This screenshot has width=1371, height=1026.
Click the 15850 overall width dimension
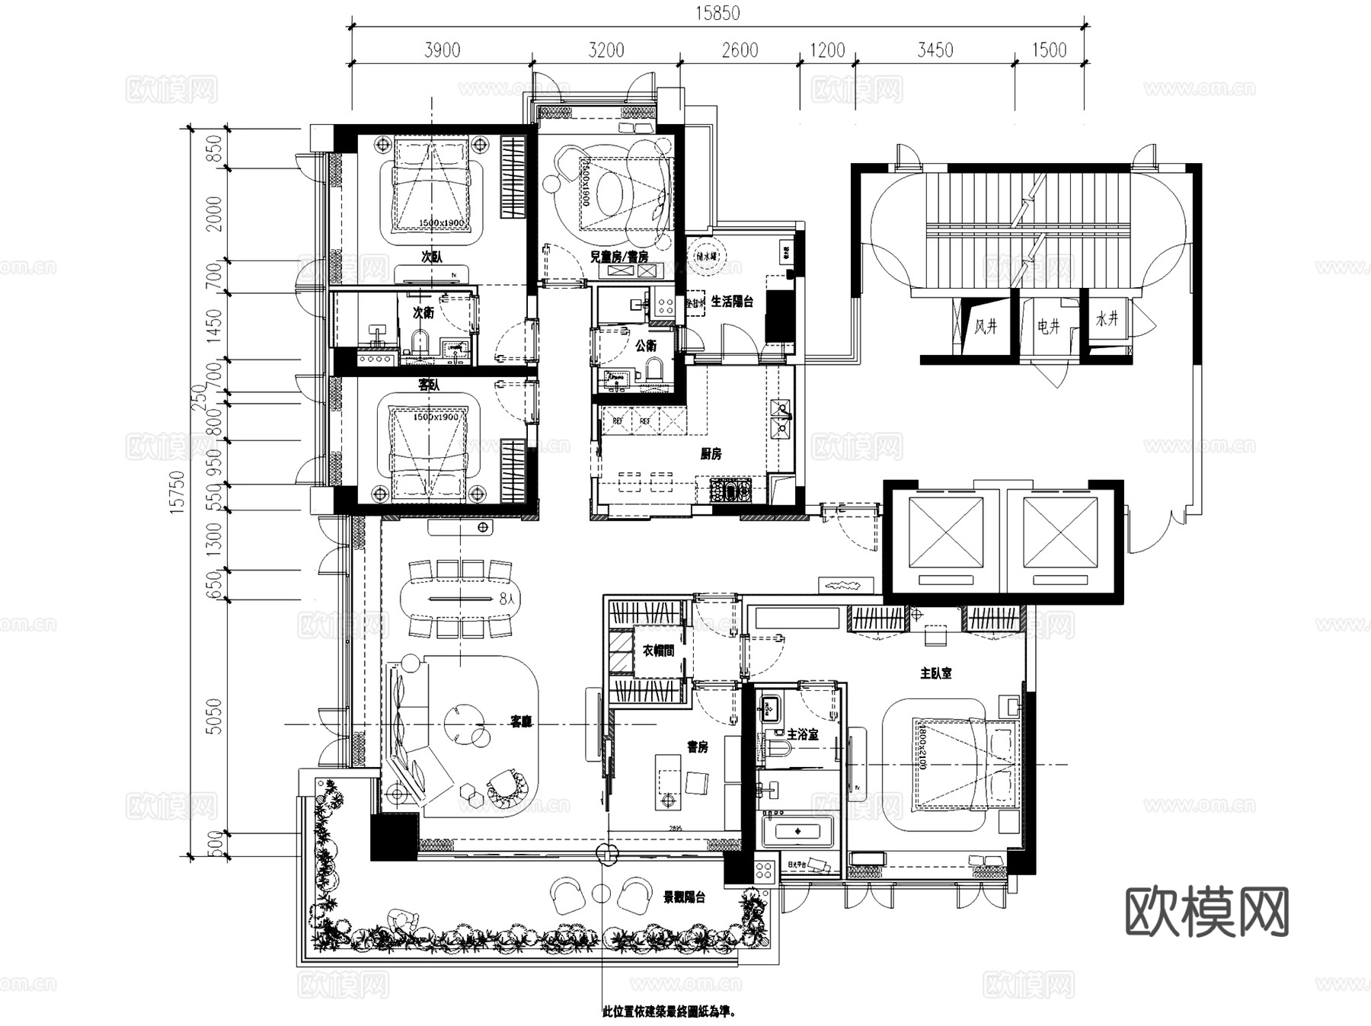click(717, 13)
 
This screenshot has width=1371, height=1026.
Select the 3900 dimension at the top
click(442, 50)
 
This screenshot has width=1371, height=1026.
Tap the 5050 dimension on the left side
click(215, 716)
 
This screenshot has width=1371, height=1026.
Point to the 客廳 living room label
click(521, 721)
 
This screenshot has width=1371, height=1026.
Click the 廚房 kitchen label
click(711, 454)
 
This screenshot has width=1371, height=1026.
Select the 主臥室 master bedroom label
click(935, 673)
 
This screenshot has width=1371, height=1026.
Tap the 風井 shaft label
click(986, 327)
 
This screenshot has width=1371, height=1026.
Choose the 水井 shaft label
click(1107, 319)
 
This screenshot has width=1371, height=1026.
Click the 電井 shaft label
click(1048, 327)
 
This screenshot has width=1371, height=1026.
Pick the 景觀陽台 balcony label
click(684, 897)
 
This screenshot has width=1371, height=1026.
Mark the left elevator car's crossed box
click(945, 532)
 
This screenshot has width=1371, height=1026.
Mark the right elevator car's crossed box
click(1060, 532)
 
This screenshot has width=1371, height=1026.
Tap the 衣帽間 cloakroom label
click(658, 650)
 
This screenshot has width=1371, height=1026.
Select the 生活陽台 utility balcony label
click(732, 302)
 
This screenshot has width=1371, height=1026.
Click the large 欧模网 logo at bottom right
click(1206, 912)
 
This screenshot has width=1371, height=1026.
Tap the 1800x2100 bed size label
click(921, 746)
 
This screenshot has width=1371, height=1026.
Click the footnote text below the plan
click(670, 1012)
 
